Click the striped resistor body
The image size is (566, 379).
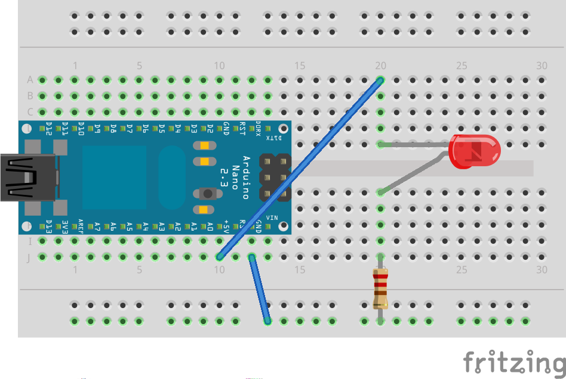[x=380, y=288]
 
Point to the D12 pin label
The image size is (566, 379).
[x=49, y=128]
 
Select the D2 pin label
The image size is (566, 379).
[x=210, y=128]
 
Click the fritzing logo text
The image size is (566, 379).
[x=513, y=362]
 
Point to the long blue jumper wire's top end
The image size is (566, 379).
[x=380, y=80]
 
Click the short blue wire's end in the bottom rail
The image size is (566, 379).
[x=267, y=321]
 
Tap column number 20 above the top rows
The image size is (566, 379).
[x=380, y=66]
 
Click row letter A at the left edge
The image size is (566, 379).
[x=30, y=80]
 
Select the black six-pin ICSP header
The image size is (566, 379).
[x=275, y=177]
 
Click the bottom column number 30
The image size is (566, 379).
[x=542, y=270]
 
